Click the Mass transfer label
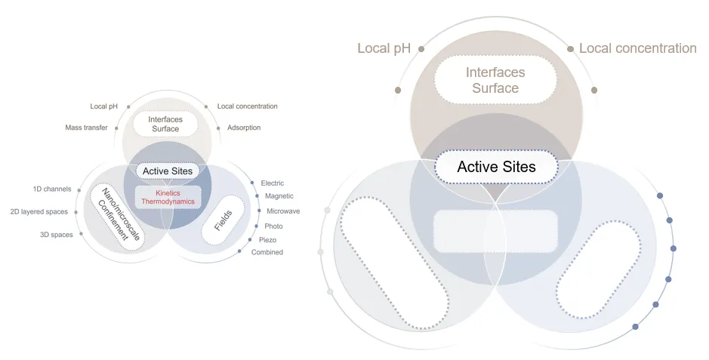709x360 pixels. point(86,128)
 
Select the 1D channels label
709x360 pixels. point(52,189)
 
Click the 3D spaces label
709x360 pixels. point(57,235)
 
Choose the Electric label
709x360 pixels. point(273,183)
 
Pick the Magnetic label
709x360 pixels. point(279,197)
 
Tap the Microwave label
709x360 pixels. point(283,211)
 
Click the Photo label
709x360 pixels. point(273,226)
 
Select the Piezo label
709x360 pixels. point(267,239)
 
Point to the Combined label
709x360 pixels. point(267,252)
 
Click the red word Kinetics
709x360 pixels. point(168,193)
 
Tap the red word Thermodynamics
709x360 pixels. point(168,202)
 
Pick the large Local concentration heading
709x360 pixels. point(637,48)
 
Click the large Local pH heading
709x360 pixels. point(384,48)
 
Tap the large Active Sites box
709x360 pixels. point(496,167)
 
